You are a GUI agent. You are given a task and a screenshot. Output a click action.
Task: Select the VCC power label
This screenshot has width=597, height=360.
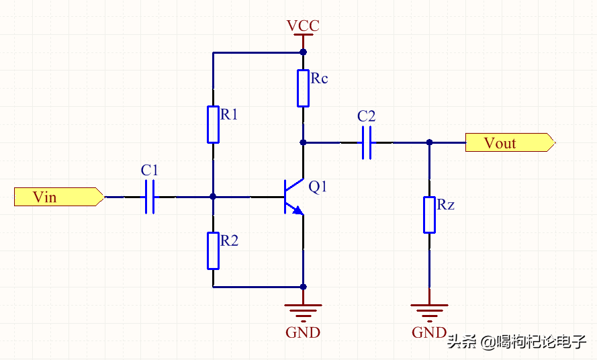click(x=303, y=26)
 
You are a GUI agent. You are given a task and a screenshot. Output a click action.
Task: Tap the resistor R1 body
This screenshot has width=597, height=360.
click(x=213, y=124)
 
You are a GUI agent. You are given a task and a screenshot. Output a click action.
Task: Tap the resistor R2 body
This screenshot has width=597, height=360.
click(x=213, y=250)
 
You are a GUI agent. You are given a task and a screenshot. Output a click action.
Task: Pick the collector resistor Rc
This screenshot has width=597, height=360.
click(x=303, y=87)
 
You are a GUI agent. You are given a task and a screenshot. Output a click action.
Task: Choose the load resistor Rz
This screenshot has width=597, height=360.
click(x=429, y=214)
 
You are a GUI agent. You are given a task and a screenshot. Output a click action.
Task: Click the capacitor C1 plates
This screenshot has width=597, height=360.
click(x=150, y=197)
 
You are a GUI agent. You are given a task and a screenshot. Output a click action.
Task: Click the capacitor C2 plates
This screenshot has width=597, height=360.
click(x=367, y=142)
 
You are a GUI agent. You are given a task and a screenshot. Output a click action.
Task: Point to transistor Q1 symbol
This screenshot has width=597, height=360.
click(x=292, y=197)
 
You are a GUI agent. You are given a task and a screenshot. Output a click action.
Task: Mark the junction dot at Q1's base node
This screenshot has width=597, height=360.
click(x=213, y=197)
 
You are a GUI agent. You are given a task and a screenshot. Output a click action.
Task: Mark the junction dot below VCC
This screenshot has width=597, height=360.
click(x=303, y=52)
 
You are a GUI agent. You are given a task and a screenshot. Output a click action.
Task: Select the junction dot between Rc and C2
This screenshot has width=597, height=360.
click(x=303, y=142)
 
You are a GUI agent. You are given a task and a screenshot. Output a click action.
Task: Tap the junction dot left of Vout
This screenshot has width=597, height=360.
click(x=429, y=142)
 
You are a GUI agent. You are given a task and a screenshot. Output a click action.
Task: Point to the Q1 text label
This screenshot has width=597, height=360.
click(x=318, y=187)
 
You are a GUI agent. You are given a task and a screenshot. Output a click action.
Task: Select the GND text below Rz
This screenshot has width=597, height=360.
click(x=429, y=332)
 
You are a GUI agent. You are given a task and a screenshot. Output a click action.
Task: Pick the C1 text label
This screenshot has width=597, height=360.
click(x=150, y=171)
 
